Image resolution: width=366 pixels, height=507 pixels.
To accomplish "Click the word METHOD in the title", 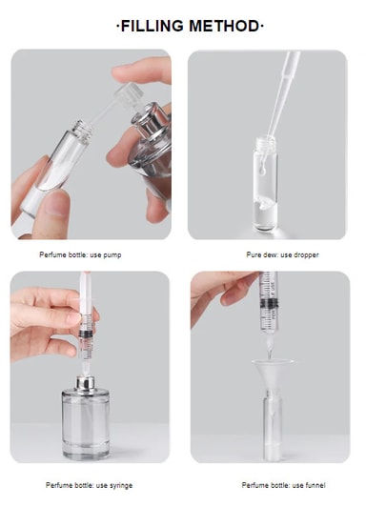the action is click(x=224, y=26).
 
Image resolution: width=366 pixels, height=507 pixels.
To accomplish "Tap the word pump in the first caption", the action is click(x=112, y=255).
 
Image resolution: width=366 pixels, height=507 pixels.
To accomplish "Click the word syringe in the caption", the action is click(x=120, y=485).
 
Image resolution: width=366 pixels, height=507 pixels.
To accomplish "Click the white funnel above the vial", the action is click(x=273, y=374).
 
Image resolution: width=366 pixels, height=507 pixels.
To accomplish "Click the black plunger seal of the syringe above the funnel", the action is click(x=269, y=303).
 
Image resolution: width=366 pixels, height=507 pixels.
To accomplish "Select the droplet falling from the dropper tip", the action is click(x=263, y=170).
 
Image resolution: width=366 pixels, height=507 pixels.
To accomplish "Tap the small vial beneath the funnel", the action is click(x=273, y=427).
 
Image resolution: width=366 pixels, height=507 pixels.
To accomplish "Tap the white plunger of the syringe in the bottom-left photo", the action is click(x=86, y=294).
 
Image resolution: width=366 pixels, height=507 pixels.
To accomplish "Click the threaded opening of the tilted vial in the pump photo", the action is click(x=81, y=130).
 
